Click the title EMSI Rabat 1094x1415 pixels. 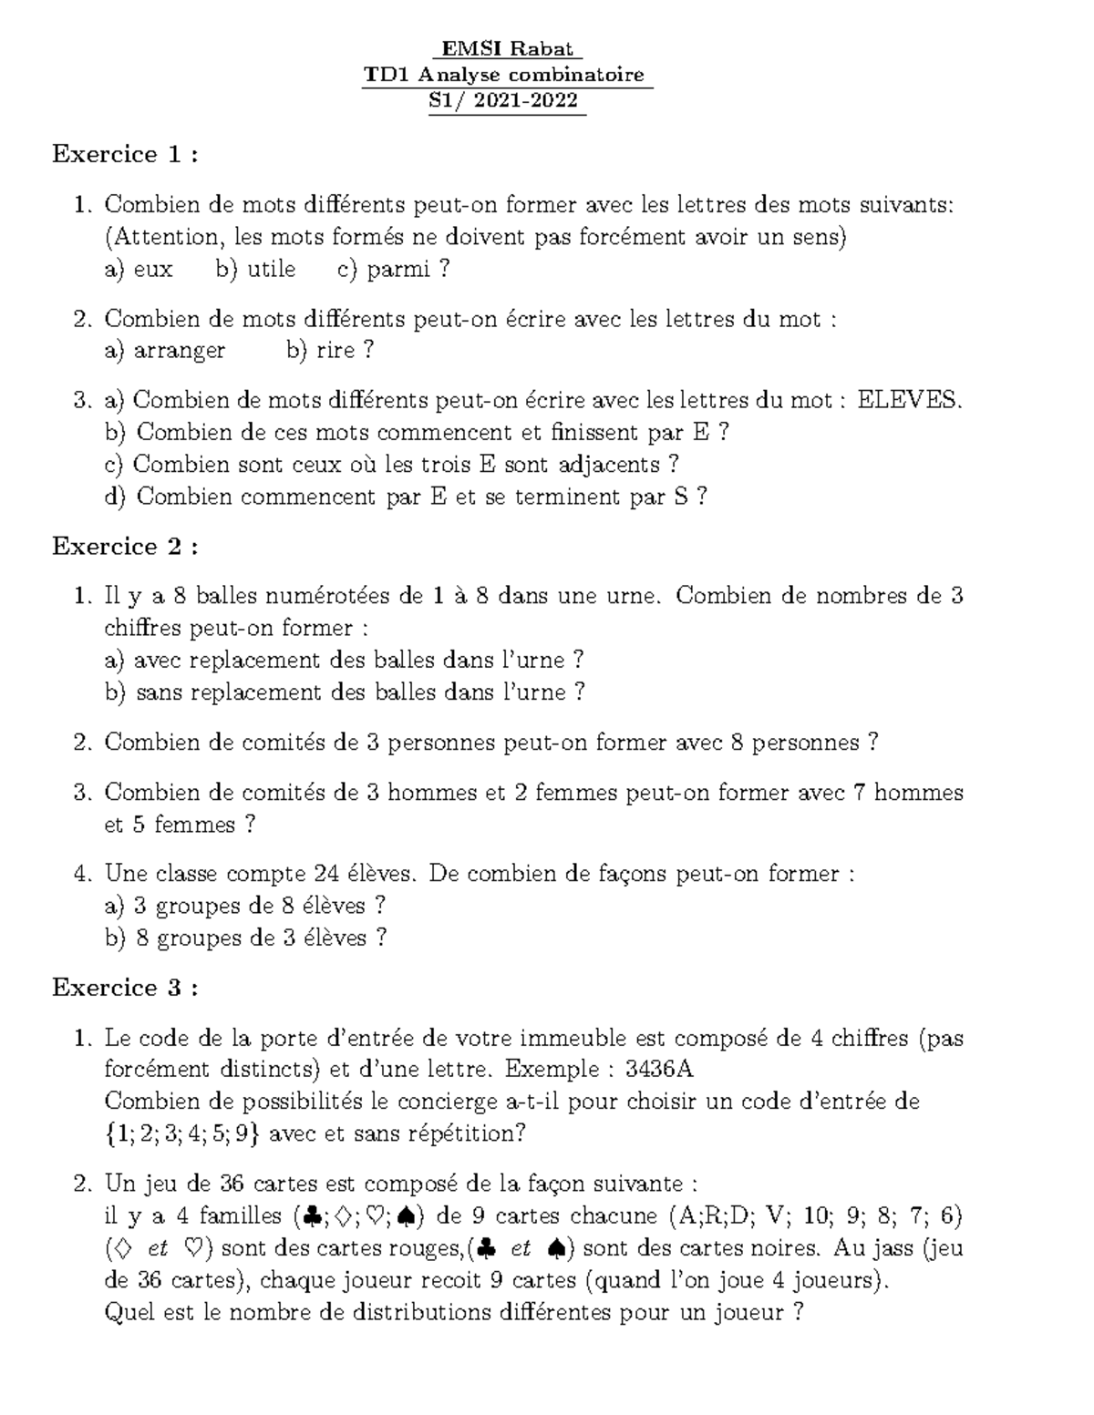(x=508, y=48)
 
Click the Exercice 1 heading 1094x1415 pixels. (x=125, y=155)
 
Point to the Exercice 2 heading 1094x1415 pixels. (x=125, y=547)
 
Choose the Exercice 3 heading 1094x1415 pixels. (x=125, y=988)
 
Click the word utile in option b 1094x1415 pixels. (x=271, y=270)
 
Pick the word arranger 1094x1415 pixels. (x=179, y=351)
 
